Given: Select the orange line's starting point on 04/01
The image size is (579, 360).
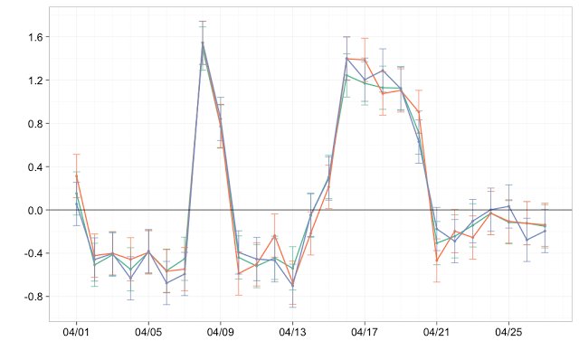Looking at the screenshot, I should pyautogui.click(x=76, y=178).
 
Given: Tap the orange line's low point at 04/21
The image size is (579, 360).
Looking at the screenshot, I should pyautogui.click(x=437, y=261).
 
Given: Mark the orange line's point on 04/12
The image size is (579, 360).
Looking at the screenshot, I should pyautogui.click(x=274, y=236).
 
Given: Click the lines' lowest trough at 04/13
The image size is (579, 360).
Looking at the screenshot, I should pyautogui.click(x=292, y=286).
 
